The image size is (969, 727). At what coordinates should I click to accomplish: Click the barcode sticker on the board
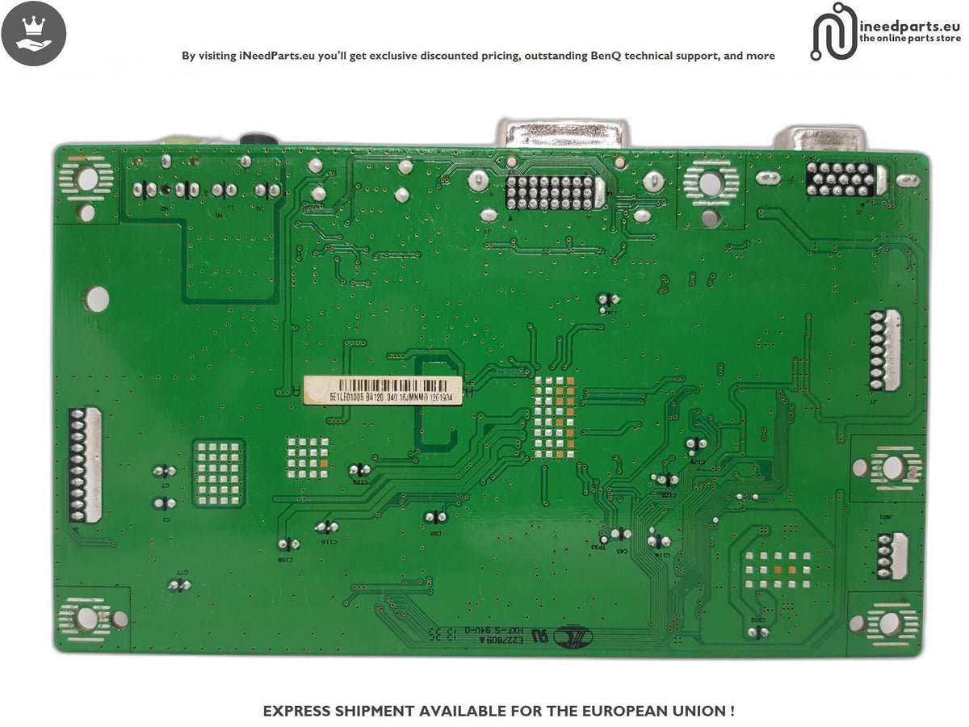click(x=383, y=389)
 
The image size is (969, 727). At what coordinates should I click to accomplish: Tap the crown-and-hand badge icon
click(x=33, y=33)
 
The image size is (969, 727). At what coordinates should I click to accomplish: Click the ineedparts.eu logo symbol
click(x=833, y=32)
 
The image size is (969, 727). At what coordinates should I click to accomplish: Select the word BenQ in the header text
click(x=613, y=56)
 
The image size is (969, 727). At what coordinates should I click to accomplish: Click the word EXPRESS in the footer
click(x=299, y=711)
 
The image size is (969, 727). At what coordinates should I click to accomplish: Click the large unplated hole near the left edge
click(x=96, y=299)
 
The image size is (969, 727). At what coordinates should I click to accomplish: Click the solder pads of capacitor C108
click(x=288, y=544)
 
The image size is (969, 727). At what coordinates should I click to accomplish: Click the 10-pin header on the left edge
click(x=79, y=464)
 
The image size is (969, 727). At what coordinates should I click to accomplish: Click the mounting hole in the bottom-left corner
click(x=87, y=620)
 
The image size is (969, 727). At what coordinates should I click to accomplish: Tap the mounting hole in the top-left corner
click(x=86, y=179)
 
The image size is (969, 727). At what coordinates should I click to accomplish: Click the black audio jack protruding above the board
click(x=258, y=140)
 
